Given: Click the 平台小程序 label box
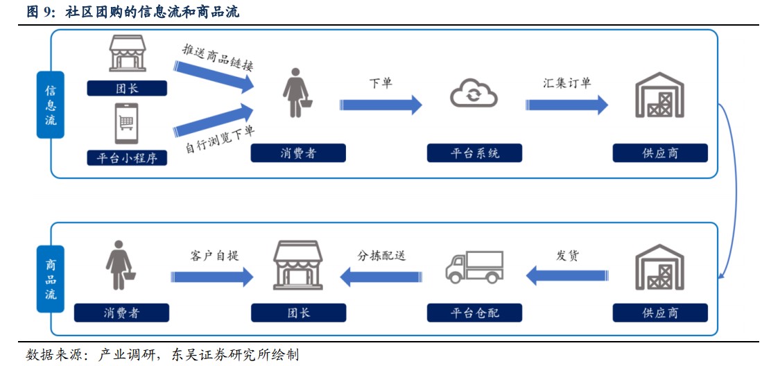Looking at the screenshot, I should click(x=127, y=157).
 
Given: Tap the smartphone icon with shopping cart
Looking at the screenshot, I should click(x=126, y=123).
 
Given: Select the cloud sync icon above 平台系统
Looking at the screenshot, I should click(x=474, y=94).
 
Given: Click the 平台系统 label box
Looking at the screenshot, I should click(x=474, y=153).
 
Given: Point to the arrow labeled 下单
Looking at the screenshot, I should click(x=381, y=105).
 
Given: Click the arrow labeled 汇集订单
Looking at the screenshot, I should click(x=566, y=105).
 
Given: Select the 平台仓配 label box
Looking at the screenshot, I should click(x=474, y=313).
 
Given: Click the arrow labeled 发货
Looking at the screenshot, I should click(x=566, y=277).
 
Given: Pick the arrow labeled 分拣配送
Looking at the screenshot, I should click(x=381, y=277).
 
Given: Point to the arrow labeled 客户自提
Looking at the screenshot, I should click(x=212, y=277).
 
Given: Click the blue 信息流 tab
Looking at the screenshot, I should click(x=51, y=105).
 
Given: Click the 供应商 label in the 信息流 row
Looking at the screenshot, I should click(x=659, y=153).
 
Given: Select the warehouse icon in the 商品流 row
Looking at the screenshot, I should click(x=659, y=267).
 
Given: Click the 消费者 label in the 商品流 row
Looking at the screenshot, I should click(x=121, y=313).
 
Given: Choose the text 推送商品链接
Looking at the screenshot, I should click(x=218, y=58).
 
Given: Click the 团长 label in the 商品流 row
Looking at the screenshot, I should click(x=298, y=313).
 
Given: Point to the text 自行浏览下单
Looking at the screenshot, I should click(x=219, y=140).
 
